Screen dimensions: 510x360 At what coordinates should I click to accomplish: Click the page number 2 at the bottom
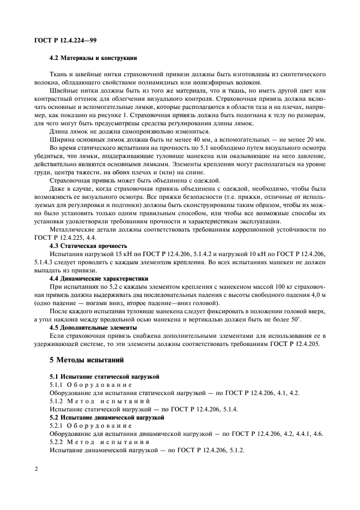coord(35,468)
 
